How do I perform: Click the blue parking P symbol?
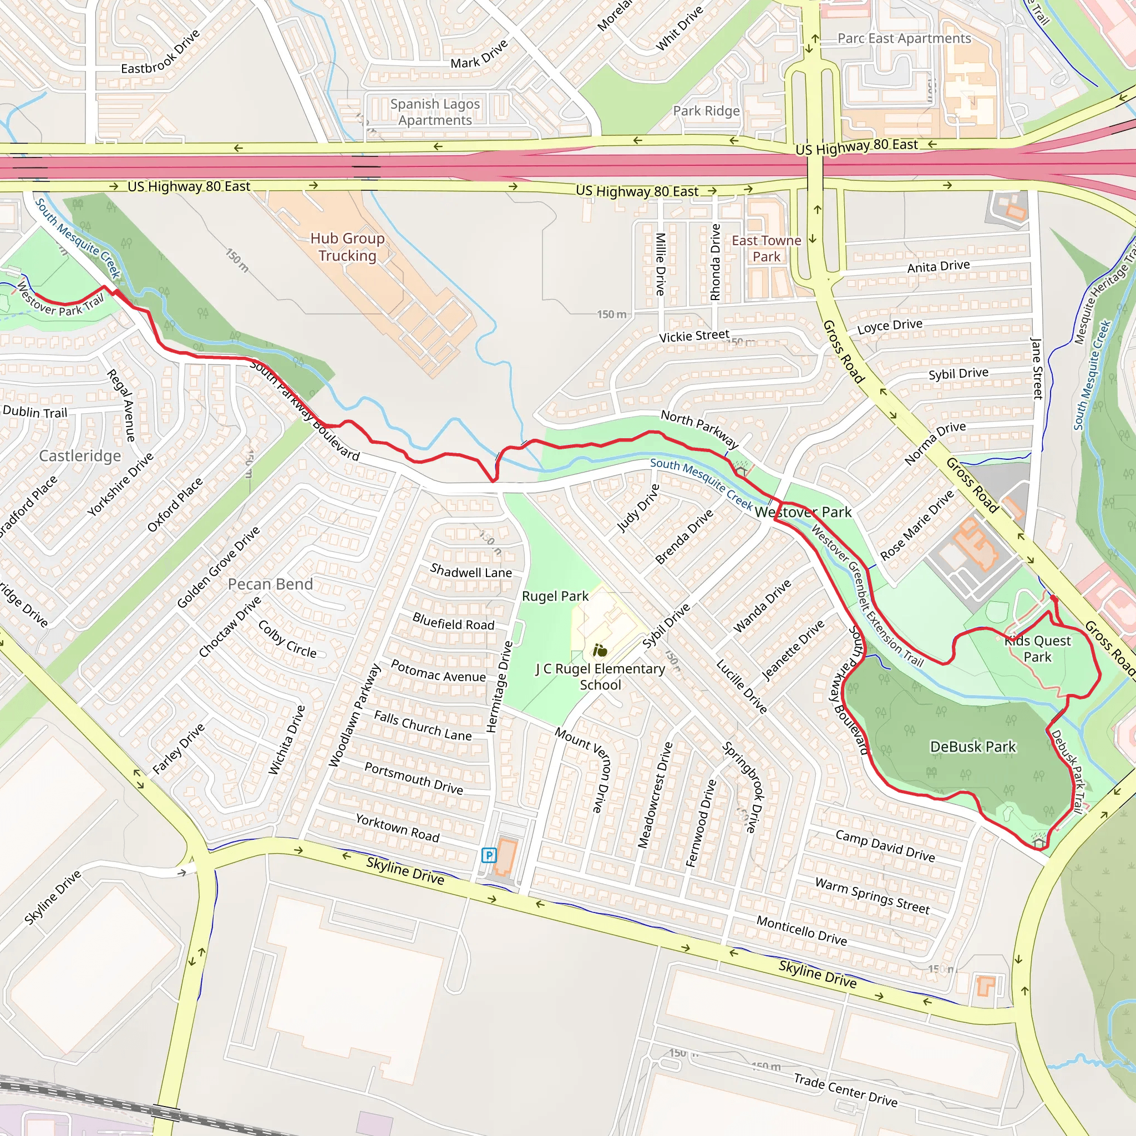488,855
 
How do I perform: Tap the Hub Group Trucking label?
347,247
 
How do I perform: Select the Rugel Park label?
555,596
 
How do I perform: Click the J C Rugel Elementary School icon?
600,650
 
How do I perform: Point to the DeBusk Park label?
972,747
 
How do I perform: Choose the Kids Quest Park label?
1038,648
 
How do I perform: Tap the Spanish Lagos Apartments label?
435,111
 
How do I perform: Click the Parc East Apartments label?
904,38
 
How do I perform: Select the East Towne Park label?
766,248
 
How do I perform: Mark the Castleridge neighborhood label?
80,456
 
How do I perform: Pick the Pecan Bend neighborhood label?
271,584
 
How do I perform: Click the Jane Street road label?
1036,369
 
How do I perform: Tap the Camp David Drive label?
885,846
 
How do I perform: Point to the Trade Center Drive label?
845,1090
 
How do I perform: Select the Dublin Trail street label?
35,412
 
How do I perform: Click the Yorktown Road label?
398,827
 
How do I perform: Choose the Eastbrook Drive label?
160,52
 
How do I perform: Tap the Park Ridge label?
706,110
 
